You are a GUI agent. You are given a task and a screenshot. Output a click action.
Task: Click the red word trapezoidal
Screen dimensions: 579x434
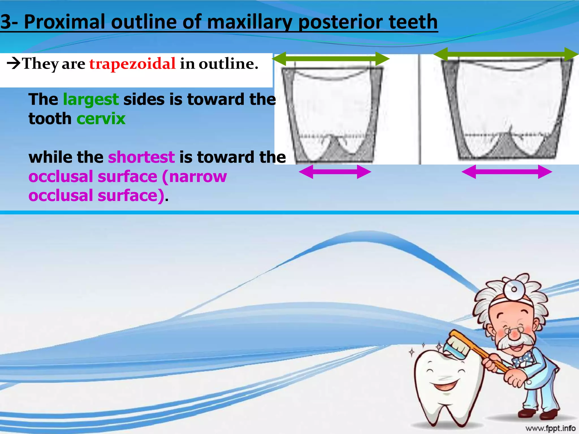132,64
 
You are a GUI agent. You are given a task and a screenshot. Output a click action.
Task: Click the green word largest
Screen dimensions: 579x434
90,99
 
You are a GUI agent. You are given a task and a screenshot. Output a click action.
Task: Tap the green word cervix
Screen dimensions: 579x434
101,119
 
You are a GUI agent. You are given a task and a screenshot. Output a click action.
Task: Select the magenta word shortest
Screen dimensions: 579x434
141,157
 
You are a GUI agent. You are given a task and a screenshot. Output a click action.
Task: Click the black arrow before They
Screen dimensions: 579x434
14,63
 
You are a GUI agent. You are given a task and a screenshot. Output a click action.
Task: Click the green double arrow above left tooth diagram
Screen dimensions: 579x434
330,59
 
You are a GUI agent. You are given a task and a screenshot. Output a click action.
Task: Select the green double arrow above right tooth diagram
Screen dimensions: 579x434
506,54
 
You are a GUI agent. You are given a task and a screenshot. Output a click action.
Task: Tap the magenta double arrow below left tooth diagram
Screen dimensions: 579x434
335,172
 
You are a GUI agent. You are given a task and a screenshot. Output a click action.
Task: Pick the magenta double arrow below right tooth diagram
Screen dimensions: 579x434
507,172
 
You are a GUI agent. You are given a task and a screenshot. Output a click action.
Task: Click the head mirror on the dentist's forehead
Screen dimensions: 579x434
514,289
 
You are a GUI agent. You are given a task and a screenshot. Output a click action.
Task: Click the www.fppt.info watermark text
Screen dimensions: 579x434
550,428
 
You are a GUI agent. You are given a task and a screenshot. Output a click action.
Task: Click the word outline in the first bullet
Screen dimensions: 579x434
228,64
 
